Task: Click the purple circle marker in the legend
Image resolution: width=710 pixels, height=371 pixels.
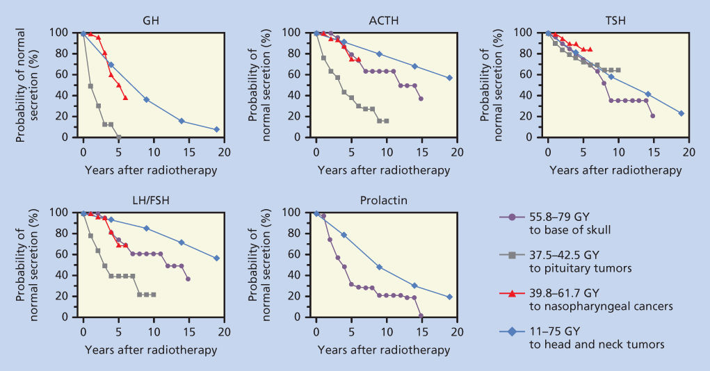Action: point(512,217)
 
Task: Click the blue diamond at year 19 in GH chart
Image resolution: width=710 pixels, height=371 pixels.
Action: point(216,129)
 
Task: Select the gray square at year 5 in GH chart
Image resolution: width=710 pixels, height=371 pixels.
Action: point(118,137)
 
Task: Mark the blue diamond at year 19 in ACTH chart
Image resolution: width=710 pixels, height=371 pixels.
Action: point(449,78)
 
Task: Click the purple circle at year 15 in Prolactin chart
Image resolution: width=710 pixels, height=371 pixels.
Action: point(421,316)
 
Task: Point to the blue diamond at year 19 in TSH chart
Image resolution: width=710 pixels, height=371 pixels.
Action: point(681,113)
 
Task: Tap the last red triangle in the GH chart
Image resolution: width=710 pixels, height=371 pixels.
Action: point(125,97)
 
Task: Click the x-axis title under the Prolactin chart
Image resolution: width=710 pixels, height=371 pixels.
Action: point(385,350)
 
